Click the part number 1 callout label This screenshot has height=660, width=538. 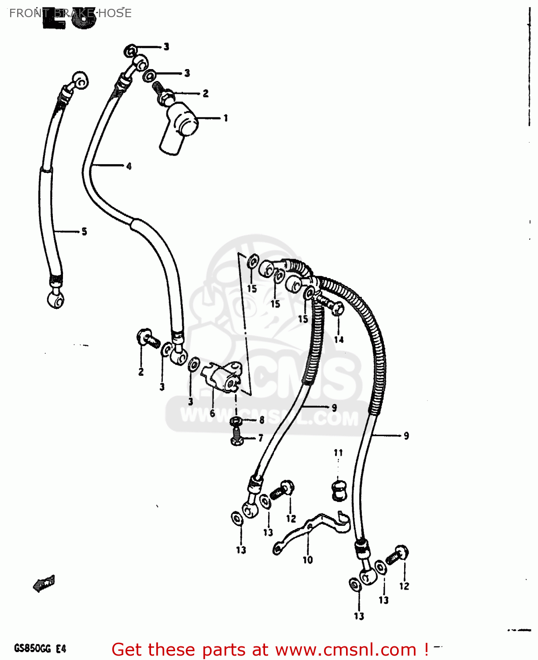pos(226,118)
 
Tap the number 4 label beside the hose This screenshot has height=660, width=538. pos(129,166)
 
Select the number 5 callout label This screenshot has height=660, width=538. pos(84,231)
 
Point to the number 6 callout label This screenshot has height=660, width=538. pos(212,414)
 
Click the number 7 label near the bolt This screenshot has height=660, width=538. pos(261,438)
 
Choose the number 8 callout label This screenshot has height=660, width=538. pos(262,420)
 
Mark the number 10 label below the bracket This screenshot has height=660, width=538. pos(307,560)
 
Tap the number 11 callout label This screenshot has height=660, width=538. pos(338,453)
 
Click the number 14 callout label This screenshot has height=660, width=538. pos(339,340)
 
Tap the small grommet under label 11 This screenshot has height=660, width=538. pos(338,491)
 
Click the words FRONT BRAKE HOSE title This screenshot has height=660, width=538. pos(70,13)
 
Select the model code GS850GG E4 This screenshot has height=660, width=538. pos(40,649)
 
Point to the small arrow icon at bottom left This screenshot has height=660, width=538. pos(44,584)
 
